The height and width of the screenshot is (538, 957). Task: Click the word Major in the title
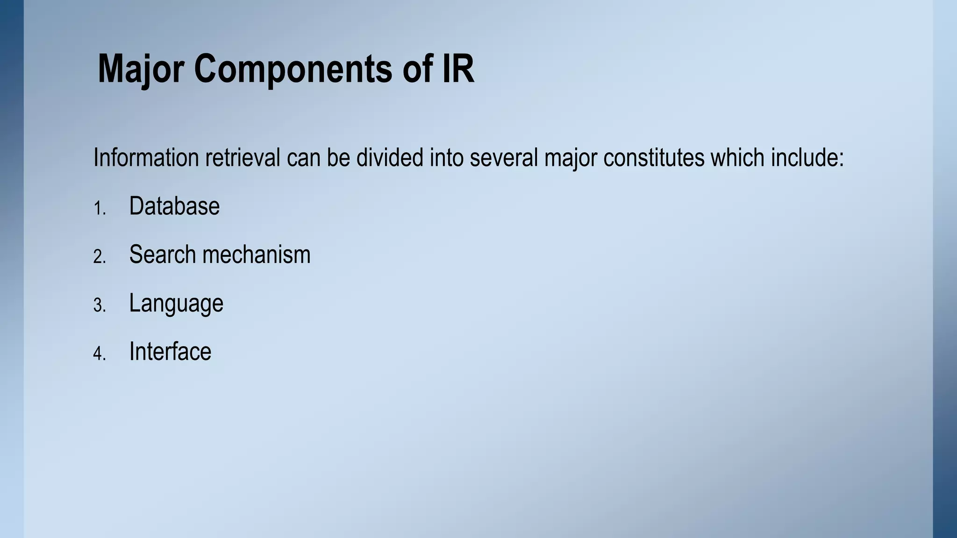(141, 69)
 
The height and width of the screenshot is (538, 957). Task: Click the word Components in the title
(293, 69)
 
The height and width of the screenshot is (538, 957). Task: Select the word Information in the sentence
(146, 157)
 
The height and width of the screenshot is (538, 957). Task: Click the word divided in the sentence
(390, 157)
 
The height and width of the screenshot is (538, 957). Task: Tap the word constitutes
(653, 157)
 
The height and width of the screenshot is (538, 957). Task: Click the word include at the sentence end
(807, 157)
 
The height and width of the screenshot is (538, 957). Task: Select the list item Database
(174, 206)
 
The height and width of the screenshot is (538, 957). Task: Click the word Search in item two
(162, 255)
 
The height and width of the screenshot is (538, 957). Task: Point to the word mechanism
(257, 255)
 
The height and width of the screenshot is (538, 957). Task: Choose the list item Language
(176, 304)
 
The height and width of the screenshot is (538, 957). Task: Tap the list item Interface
(170, 352)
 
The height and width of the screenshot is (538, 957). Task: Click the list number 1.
(100, 208)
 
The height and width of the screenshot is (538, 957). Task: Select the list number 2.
(100, 257)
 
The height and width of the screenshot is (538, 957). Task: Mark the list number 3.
(100, 305)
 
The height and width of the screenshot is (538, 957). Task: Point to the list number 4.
(100, 354)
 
